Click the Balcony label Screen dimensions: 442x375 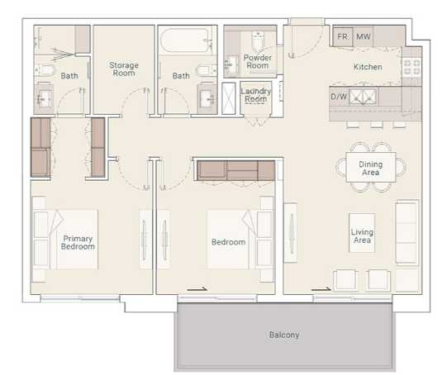[284, 335]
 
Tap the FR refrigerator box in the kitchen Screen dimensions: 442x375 [343, 36]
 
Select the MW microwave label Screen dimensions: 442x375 [363, 36]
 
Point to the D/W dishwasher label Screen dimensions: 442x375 [339, 97]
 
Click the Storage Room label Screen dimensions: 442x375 [124, 69]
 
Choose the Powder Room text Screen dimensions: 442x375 [258, 61]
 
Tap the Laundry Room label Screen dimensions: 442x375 [255, 95]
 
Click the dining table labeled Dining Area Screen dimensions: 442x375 [371, 168]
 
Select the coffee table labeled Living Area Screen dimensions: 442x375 [362, 233]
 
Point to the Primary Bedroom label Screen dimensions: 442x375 [78, 242]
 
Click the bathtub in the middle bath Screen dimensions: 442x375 [186, 40]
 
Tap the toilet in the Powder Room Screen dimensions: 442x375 [257, 40]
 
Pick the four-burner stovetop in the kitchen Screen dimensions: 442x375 [411, 67]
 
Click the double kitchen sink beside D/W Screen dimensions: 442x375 [363, 97]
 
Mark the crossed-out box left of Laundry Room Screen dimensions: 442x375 [228, 98]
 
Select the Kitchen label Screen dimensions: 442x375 [368, 67]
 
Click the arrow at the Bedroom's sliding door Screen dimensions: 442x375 [197, 288]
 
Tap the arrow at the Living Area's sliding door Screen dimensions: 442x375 [321, 288]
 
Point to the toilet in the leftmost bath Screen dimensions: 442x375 [45, 69]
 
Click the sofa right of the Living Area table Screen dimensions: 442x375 [406, 232]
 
